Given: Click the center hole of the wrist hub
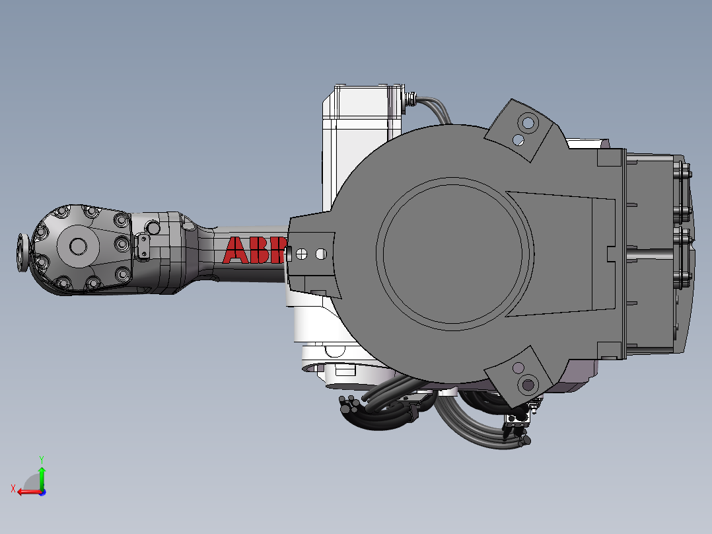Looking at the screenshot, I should coord(79,246).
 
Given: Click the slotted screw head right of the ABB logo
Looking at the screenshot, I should coord(302,253).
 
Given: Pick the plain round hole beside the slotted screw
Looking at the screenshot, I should coord(321,253).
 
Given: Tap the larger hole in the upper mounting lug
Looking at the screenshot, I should coord(528,122).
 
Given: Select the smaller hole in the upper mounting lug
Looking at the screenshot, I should coord(518,139).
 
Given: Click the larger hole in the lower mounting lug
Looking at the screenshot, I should coord(528,383).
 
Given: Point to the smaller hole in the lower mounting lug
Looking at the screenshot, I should coord(518,367).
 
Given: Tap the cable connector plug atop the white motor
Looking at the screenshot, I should coord(412,98).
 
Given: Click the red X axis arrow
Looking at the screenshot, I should coord(26,491).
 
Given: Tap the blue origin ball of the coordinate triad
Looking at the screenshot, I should coord(42,492).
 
